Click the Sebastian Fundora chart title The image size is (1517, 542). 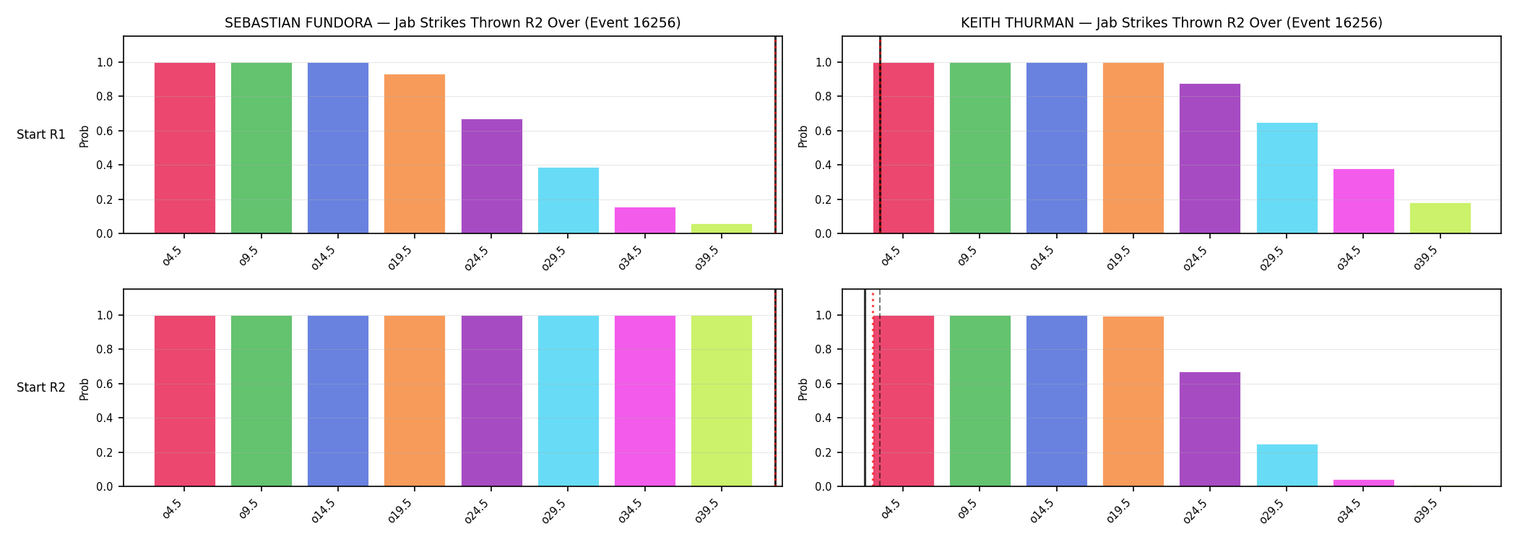pyautogui.click(x=452, y=22)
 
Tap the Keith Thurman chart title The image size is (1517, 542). pyautogui.click(x=1171, y=22)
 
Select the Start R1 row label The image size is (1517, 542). pyautogui.click(x=41, y=134)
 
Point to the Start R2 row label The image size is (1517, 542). pyautogui.click(x=41, y=387)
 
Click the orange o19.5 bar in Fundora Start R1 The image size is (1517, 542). pyautogui.click(x=415, y=154)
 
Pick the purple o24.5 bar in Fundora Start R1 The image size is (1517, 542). pyautogui.click(x=492, y=176)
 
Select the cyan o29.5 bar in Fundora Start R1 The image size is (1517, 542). pyautogui.click(x=569, y=200)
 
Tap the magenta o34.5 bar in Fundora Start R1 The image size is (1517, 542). pyautogui.click(x=645, y=220)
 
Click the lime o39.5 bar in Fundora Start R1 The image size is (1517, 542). pyautogui.click(x=722, y=228)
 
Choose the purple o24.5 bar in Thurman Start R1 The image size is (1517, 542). pyautogui.click(x=1210, y=158)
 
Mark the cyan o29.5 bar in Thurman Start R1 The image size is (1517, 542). pyautogui.click(x=1287, y=178)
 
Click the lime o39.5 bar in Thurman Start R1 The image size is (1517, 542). pyautogui.click(x=1440, y=218)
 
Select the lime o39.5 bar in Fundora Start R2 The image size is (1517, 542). pyautogui.click(x=722, y=401)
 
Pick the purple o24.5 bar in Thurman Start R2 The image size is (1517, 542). pyautogui.click(x=1210, y=429)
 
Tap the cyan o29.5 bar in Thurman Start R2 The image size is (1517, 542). pyautogui.click(x=1287, y=465)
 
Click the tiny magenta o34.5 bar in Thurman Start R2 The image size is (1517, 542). pyautogui.click(x=1364, y=483)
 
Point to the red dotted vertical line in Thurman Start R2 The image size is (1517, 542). pyautogui.click(x=873, y=388)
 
